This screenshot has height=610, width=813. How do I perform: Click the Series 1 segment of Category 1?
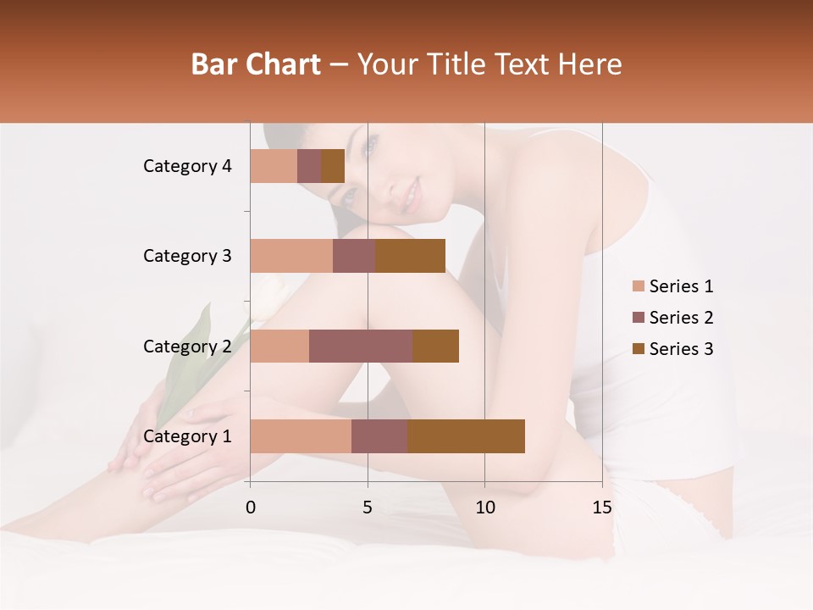tap(301, 436)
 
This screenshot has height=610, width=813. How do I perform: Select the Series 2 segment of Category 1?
tap(379, 436)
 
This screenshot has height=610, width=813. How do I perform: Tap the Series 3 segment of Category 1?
tap(466, 436)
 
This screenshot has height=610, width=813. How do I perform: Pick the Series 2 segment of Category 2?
tap(361, 346)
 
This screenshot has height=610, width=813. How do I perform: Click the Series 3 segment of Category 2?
tap(435, 346)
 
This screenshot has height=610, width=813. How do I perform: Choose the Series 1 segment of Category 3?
tap(291, 256)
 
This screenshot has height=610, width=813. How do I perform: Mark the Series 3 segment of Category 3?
tap(410, 256)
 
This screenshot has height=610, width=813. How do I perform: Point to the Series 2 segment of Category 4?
tap(309, 166)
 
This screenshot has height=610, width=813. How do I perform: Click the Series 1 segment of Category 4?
tap(274, 166)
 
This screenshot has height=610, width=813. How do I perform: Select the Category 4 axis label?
tap(187, 166)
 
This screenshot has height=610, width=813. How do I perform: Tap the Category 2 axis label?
tap(187, 346)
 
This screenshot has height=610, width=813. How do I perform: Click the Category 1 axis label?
tap(187, 436)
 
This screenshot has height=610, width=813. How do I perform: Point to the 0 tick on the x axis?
tap(250, 507)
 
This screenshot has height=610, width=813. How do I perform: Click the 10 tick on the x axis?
tap(484, 507)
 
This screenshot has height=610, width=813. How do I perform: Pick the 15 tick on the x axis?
tap(601, 507)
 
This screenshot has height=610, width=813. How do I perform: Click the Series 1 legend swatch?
tap(638, 286)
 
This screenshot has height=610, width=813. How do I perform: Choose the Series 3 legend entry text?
tap(681, 349)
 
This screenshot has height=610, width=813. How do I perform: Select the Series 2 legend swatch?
tap(638, 318)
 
